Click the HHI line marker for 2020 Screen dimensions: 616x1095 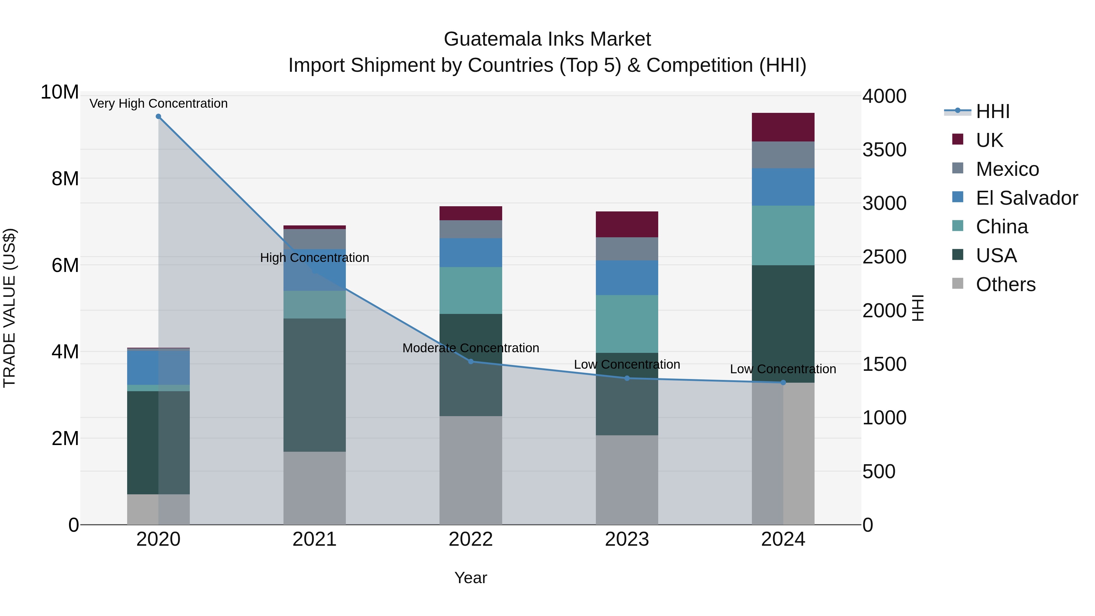(x=158, y=117)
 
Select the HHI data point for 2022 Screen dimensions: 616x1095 (x=471, y=361)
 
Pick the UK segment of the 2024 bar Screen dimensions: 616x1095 (x=783, y=127)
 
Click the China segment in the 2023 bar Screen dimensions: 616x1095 (x=627, y=324)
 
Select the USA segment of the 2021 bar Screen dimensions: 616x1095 (x=315, y=385)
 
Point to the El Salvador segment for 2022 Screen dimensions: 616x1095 (x=471, y=252)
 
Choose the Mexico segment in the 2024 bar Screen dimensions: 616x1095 (x=783, y=155)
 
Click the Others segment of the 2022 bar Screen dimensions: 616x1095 (x=471, y=470)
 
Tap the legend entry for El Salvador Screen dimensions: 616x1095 (x=1027, y=198)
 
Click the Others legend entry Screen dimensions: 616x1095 (x=1005, y=284)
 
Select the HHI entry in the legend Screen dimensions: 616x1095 (x=992, y=111)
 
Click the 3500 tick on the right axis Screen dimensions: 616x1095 (x=884, y=150)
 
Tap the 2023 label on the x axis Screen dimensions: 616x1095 (x=627, y=539)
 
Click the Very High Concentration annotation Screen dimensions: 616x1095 (x=158, y=103)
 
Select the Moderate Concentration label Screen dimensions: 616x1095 (x=471, y=348)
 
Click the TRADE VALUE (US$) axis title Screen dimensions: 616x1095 (x=9, y=308)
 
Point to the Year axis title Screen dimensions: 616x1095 (x=471, y=578)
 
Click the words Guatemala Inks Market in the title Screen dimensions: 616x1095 (x=547, y=39)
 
